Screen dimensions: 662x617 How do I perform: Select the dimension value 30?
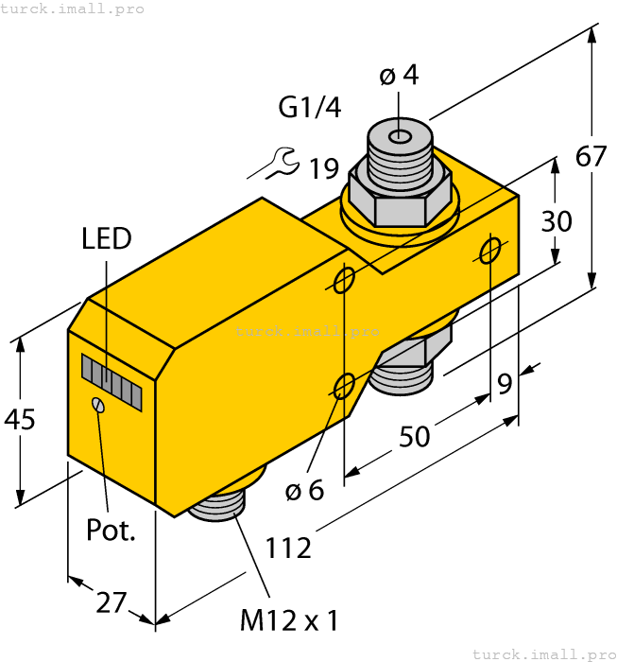tap(557, 221)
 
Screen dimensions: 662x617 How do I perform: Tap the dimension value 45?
tap(20, 419)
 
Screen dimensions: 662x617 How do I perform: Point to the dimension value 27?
tap(111, 601)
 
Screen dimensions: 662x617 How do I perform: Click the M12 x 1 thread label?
tap(288, 621)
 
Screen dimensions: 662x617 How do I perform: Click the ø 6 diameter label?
tap(304, 490)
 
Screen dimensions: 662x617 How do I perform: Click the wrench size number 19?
tap(323, 169)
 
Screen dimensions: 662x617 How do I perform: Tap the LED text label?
tap(107, 238)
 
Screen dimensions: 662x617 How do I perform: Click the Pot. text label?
tap(111, 530)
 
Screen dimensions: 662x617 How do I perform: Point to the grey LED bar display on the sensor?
tap(111, 382)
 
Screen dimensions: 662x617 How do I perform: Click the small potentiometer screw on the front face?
tap(97, 405)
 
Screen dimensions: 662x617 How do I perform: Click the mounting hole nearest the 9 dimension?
tap(490, 251)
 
